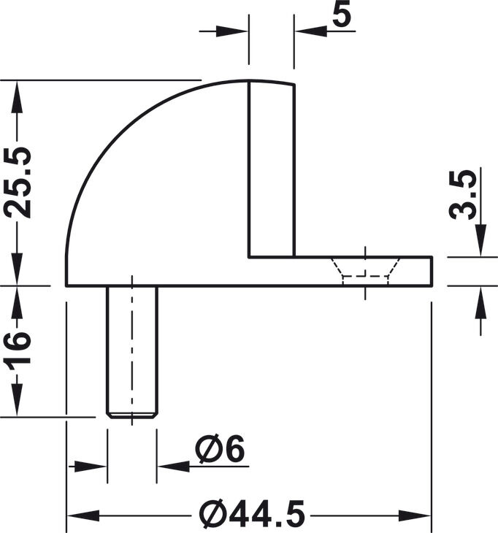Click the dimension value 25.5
click(18, 183)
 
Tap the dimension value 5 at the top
click(341, 15)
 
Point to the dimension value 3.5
click(462, 194)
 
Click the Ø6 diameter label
click(220, 448)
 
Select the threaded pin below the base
click(132, 352)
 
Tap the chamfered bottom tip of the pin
click(132, 415)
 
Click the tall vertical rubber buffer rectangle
click(272, 169)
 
